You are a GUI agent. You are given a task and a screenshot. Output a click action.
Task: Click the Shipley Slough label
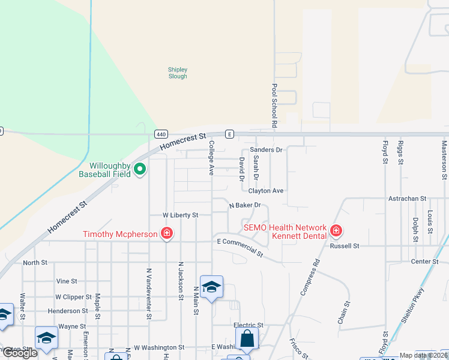coord(177,73)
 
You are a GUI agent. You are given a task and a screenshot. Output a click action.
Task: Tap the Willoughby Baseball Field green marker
coord(140,170)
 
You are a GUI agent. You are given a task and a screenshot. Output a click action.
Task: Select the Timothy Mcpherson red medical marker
coord(167,233)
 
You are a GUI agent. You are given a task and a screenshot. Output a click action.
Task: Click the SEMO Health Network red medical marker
coord(336,230)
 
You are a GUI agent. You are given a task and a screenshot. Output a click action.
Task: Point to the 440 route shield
coord(160,134)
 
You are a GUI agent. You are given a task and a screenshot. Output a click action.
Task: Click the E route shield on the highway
coord(229,134)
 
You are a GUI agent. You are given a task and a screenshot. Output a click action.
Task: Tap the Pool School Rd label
coord(274,106)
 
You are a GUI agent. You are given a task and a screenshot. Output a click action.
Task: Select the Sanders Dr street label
coord(266,149)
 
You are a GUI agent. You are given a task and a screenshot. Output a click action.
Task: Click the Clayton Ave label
coord(266,191)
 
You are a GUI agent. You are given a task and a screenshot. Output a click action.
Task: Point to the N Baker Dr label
coord(245,205)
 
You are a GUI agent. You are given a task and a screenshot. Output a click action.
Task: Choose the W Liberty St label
coord(180,215)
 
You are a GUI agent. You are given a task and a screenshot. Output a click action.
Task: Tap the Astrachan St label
coord(407,198)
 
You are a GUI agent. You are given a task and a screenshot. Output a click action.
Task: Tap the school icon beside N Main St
coord(211,287)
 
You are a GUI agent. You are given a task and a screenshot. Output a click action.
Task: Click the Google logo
coord(19,353)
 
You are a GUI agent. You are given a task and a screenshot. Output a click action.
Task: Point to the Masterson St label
coord(445,160)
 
